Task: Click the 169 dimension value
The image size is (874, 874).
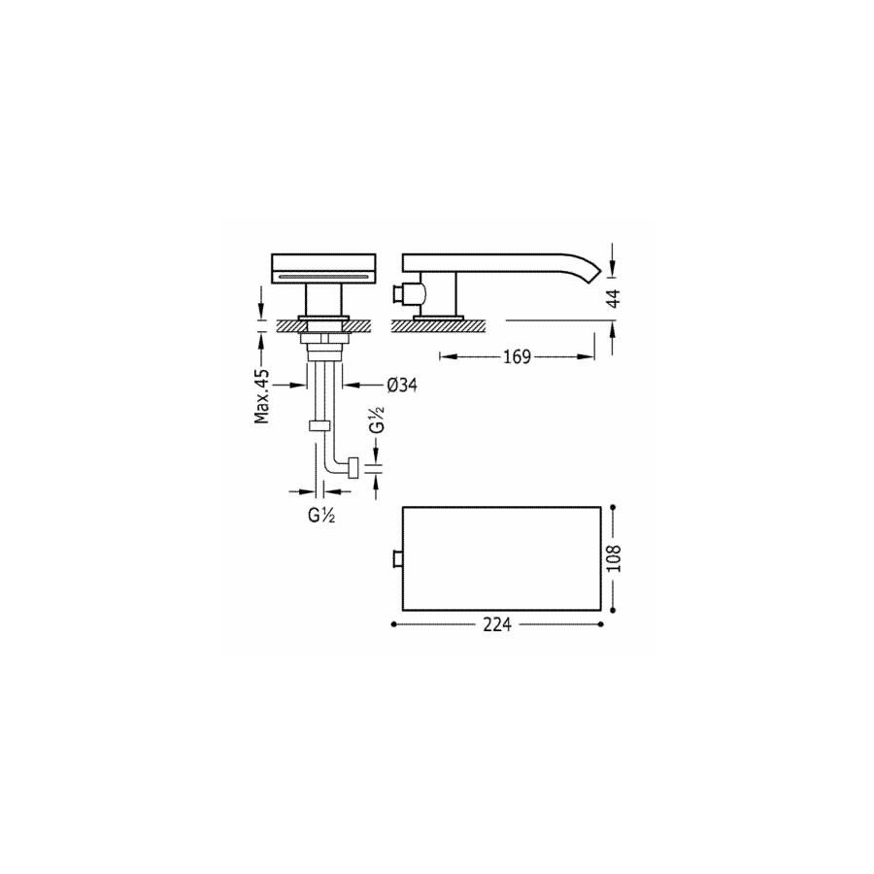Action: [517, 356]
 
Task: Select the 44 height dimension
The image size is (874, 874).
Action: [613, 299]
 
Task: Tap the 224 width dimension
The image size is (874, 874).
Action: [497, 624]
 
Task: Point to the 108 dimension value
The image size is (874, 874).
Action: [613, 558]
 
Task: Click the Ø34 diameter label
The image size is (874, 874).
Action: [401, 385]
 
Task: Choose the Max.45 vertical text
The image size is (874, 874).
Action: [261, 396]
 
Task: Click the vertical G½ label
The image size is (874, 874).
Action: [378, 420]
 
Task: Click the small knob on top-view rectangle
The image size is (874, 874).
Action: [398, 558]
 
